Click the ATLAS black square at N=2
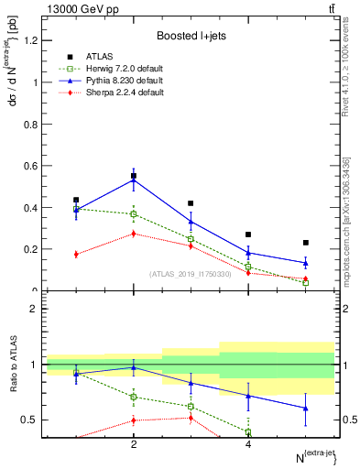click(x=134, y=176)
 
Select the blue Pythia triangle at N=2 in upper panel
click(x=134, y=180)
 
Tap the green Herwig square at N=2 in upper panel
click(x=134, y=214)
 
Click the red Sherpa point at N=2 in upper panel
click(x=134, y=234)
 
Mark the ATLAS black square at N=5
click(x=305, y=243)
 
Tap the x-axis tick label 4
click(x=248, y=444)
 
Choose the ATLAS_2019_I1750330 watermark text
click(x=191, y=273)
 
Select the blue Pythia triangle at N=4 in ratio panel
click(x=248, y=396)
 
